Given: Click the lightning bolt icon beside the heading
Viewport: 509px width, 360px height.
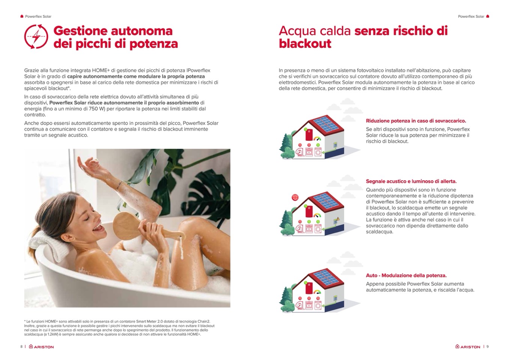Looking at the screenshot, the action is pos(36,36).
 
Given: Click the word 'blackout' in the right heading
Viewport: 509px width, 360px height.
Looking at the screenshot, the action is pos(305,44).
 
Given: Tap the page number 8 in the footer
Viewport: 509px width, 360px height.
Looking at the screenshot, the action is pos(21,346).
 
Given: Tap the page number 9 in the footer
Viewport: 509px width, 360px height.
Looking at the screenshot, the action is pos(487,346).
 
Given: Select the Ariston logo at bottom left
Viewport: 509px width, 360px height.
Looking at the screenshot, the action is pos(41,346).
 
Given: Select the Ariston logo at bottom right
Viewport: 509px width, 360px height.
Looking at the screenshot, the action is pos(468,346).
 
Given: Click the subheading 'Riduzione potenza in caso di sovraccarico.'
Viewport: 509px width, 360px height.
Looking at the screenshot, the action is pos(416,121).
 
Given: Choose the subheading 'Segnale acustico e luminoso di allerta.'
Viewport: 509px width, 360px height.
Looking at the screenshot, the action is pos(411,181).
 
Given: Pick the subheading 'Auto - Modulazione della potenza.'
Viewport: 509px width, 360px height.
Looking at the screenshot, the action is pos(406,276).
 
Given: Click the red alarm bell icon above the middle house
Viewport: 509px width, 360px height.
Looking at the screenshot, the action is pos(295,197).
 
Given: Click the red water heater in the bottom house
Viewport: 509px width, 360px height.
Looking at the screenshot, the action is pos(309,289).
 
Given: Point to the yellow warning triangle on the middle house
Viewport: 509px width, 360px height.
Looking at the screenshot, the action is pos(338,219).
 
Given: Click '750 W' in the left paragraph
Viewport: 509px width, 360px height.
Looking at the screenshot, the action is pos(96,109).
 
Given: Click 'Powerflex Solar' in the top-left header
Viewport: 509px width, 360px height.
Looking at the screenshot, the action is pos(38,17).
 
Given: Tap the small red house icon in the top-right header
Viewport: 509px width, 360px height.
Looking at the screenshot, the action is pos(487,16).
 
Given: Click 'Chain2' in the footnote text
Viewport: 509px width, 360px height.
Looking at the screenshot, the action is pos(204,321).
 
